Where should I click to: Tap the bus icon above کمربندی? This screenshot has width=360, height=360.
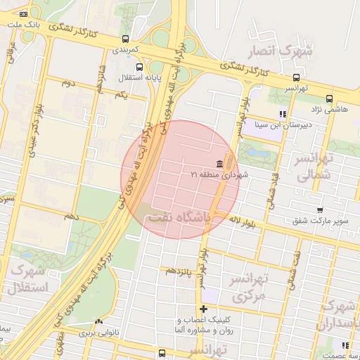125,39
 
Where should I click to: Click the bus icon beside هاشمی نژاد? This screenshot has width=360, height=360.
329,98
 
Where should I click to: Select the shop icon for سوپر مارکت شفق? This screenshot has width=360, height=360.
321,210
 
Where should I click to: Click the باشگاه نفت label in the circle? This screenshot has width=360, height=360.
177,218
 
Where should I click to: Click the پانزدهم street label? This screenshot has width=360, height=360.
178,271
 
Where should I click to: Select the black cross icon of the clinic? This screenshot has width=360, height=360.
204,309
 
